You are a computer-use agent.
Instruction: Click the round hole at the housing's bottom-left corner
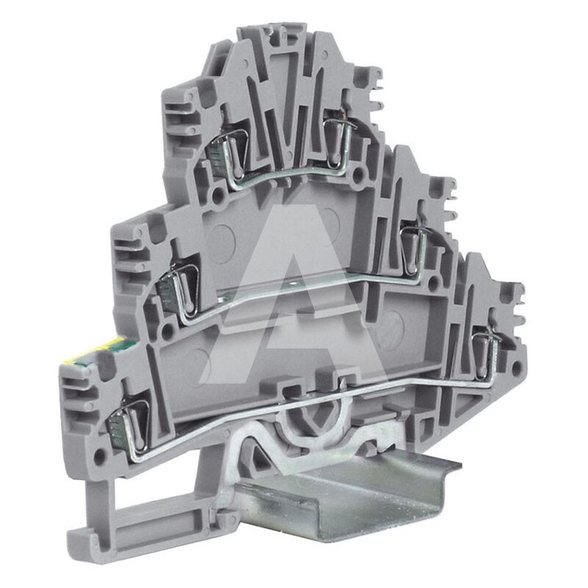tap(99, 455)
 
